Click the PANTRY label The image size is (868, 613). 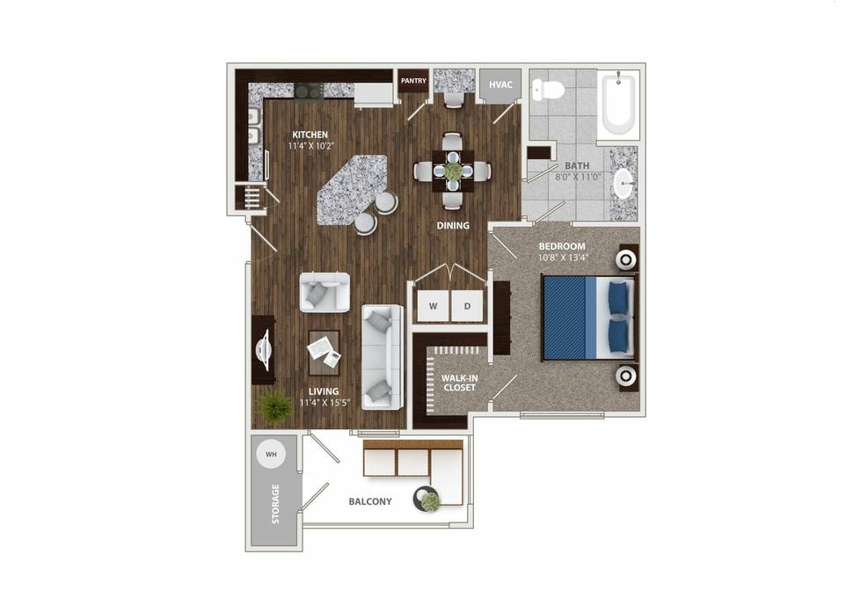[413, 81]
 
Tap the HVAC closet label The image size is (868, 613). [500, 84]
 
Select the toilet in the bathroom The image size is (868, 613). [548, 89]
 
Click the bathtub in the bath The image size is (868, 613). [618, 104]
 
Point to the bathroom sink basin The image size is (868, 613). [624, 183]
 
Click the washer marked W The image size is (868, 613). [433, 305]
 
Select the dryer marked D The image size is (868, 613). [467, 305]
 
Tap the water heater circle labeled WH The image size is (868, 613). [271, 454]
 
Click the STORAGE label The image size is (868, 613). [275, 504]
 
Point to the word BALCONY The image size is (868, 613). [369, 501]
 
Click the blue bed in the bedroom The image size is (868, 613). [588, 317]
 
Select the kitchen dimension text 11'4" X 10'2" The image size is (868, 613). [311, 146]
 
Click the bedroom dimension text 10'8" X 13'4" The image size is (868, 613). [563, 258]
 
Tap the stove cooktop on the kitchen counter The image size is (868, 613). [309, 91]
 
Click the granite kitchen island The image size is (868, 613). [352, 189]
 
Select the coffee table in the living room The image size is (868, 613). [325, 353]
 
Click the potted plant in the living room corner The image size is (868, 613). [274, 407]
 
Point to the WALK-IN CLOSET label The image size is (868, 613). [459, 383]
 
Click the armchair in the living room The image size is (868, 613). [325, 292]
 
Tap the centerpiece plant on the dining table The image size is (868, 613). [453, 170]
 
